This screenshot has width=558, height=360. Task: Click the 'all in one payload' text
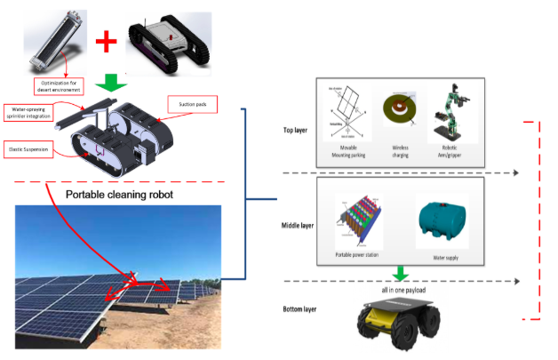[399, 291]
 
